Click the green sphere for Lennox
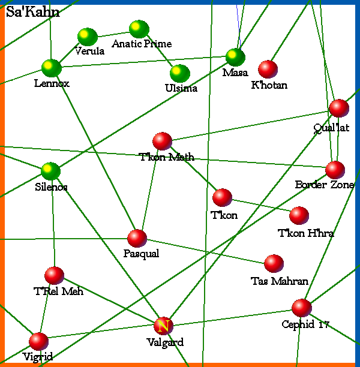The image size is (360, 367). pos(52,68)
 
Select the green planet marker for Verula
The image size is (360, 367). pos(88,37)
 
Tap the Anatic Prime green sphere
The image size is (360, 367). pos(139,29)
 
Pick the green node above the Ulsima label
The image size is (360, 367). pos(180,74)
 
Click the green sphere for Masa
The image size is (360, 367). pos(236,58)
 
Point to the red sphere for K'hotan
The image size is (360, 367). pos(268,70)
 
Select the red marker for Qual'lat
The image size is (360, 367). pos(339,109)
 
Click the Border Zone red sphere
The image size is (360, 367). pos(335,170)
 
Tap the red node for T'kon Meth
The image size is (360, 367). pos(163,142)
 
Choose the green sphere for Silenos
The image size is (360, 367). pos(51,172)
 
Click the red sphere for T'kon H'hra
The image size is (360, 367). pos(299,216)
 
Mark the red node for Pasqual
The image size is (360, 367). pos(137,238)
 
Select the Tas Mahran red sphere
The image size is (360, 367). pos(274,263)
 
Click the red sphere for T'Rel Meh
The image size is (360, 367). pos(55,276)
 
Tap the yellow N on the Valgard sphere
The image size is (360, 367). pos(163,326)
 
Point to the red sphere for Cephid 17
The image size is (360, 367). pos(302,308)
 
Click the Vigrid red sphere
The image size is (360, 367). pos(38,342)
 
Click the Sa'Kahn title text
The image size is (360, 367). pos(32,13)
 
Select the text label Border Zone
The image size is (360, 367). pos(324,185)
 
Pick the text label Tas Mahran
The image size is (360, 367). pos(280,281)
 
